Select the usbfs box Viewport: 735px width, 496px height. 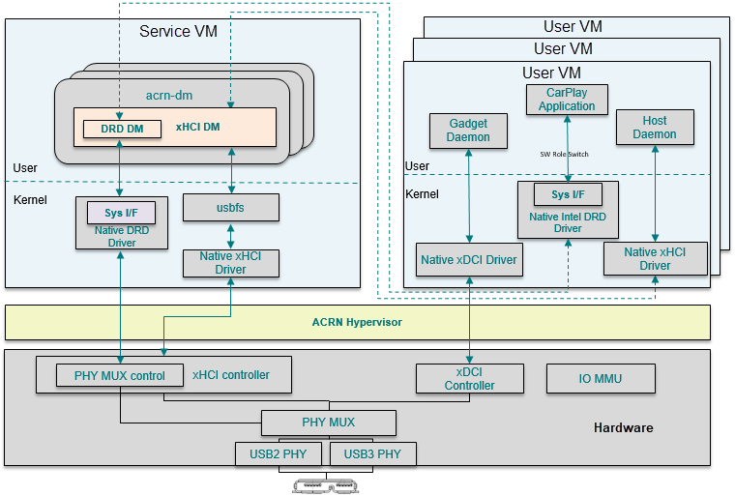pos(230,207)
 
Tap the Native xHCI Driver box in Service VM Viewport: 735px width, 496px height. pos(230,263)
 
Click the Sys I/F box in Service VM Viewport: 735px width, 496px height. pos(122,212)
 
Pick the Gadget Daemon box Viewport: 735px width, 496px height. pos(468,131)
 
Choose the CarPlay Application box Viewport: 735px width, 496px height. pos(567,100)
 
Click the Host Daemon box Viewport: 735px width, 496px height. pos(655,128)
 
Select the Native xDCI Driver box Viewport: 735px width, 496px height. pos(469,259)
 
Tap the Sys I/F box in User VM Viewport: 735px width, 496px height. pos(567,194)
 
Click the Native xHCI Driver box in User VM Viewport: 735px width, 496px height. pos(655,258)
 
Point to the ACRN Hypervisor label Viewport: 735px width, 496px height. pos(357,322)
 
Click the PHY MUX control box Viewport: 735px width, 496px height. pos(120,375)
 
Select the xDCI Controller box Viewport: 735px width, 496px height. pos(469,378)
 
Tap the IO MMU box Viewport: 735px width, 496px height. pos(601,378)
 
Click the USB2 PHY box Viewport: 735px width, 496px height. pos(280,454)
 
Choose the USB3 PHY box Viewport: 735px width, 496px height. pos(372,454)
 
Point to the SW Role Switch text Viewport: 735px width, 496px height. pos(564,155)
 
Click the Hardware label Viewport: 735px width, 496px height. pos(623,427)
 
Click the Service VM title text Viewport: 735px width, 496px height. pos(178,32)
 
